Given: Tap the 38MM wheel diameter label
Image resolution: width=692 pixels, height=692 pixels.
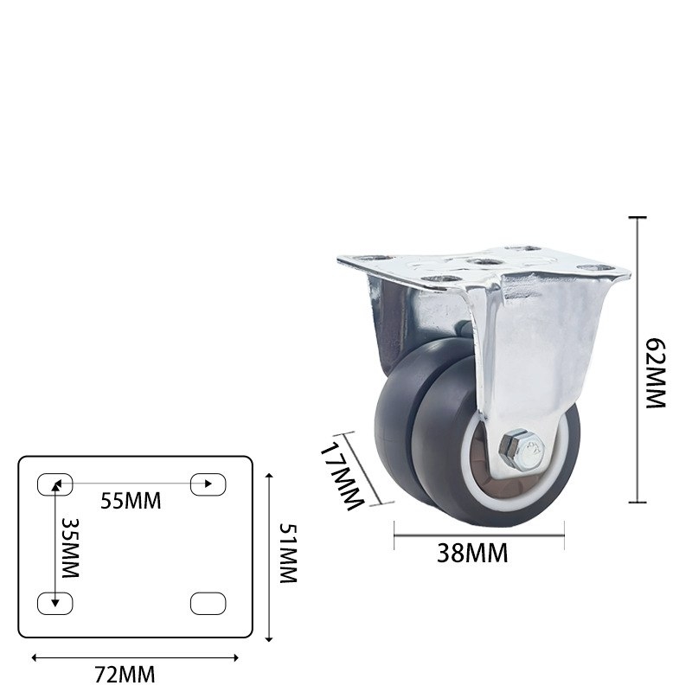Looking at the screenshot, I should point(472,552).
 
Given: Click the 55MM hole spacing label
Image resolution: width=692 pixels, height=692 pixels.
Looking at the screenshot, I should point(131,500).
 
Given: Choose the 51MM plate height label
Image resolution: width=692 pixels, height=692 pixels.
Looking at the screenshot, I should point(287,554).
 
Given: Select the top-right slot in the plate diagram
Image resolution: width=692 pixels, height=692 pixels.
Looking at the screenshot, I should point(208,484).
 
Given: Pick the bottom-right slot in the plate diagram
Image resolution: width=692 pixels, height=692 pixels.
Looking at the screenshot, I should point(208,603).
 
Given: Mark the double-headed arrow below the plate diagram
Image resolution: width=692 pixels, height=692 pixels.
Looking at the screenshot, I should point(134,657).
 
